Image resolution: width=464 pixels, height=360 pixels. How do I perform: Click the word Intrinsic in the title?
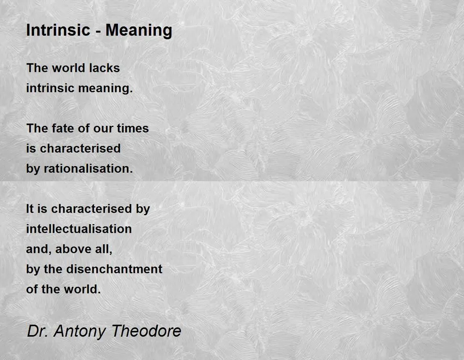(x=58, y=30)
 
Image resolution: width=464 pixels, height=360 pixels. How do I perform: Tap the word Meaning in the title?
(x=139, y=31)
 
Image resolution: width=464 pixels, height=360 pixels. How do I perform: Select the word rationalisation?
(x=88, y=169)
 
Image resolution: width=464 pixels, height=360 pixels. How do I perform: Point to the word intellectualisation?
(x=79, y=229)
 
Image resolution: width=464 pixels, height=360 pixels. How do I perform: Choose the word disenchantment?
(x=114, y=269)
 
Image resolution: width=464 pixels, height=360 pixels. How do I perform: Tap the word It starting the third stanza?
(x=30, y=209)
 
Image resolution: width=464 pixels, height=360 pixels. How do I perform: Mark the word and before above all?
(x=37, y=249)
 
